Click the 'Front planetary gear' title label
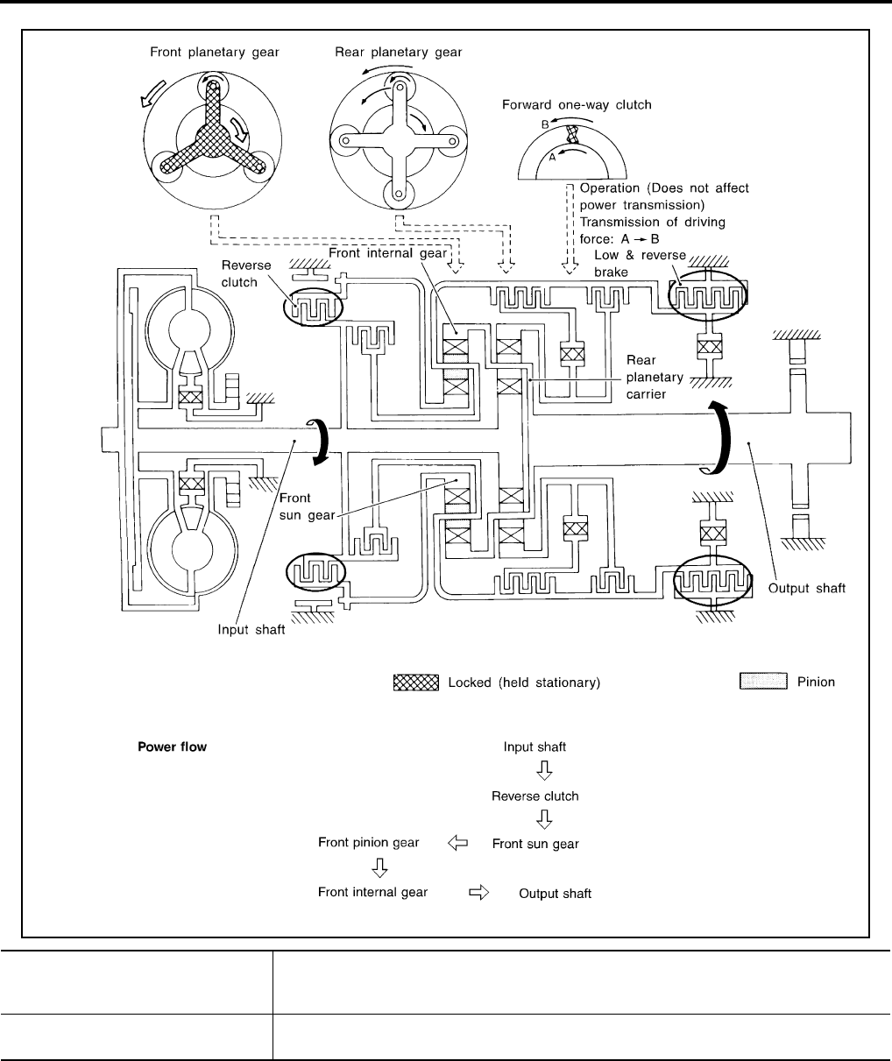click(213, 53)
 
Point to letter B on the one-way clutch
click(544, 125)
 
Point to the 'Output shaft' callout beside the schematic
click(807, 589)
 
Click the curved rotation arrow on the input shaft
click(322, 439)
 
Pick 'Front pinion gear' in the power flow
click(368, 843)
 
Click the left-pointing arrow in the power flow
click(457, 844)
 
